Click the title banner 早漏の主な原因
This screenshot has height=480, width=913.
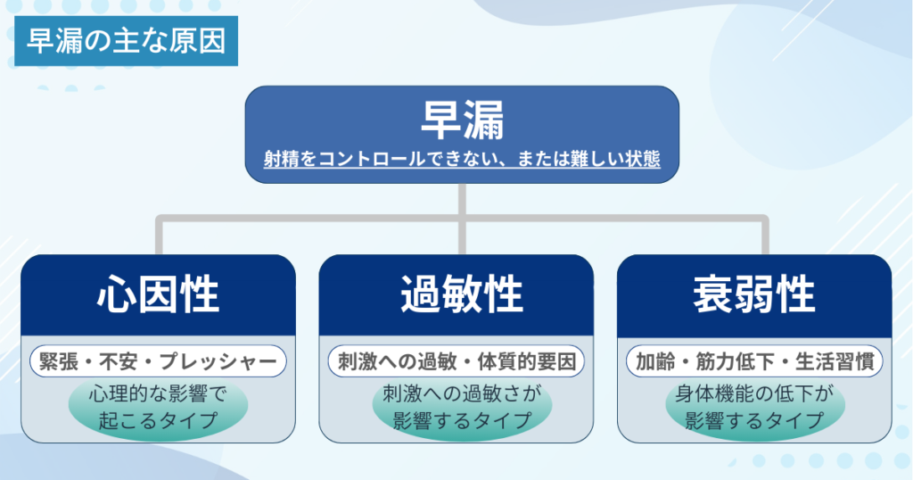click(127, 41)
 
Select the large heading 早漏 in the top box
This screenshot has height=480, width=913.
click(463, 120)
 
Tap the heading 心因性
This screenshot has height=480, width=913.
click(159, 294)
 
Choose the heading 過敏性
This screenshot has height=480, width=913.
click(462, 294)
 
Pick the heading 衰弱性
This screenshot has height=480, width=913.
click(754, 294)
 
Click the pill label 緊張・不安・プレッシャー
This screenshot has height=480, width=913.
click(158, 361)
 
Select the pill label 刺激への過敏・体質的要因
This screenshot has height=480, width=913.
click(456, 361)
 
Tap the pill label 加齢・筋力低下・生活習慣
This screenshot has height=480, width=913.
click(754, 361)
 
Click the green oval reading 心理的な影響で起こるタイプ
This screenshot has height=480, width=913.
click(158, 407)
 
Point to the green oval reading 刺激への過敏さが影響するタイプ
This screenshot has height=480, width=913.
click(463, 407)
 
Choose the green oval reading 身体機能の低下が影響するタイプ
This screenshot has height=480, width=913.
click(754, 407)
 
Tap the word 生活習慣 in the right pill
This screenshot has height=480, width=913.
click(835, 361)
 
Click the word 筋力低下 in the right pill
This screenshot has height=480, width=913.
click(735, 361)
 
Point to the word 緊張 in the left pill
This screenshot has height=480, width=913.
click(58, 361)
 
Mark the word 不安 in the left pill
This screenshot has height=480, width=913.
click(119, 361)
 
